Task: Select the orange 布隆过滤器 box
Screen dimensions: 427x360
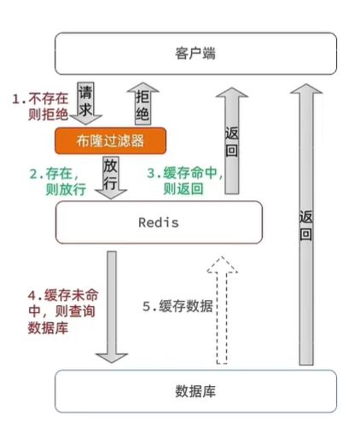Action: pos(110,140)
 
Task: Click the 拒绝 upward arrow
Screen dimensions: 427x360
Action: pos(143,100)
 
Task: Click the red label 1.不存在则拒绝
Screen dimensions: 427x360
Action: pos(40,109)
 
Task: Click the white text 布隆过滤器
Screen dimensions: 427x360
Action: pos(110,140)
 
